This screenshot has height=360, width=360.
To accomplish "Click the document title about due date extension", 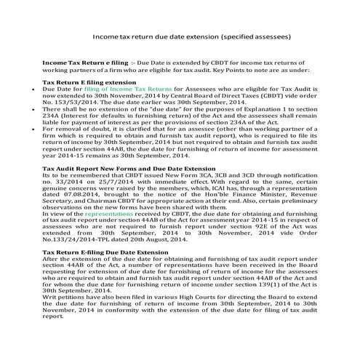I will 193,34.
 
